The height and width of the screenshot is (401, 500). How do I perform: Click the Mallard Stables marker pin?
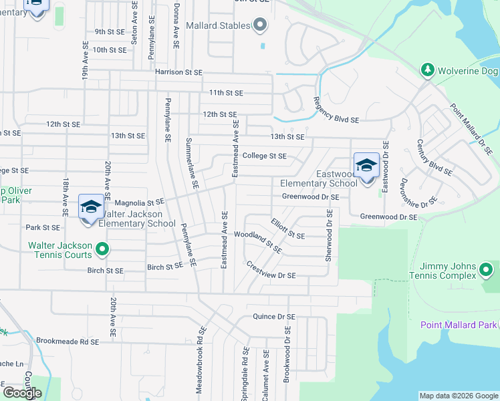click(x=261, y=26)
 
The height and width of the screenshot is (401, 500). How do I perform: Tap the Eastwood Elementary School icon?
click(x=366, y=165)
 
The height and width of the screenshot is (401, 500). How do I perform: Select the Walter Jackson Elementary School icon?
click(x=91, y=207)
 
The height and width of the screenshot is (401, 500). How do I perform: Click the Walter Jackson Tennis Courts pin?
click(x=102, y=250)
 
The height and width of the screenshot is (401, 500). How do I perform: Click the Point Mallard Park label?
click(x=459, y=325)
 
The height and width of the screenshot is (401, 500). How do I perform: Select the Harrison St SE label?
click(x=178, y=72)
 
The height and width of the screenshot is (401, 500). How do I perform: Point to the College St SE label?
click(x=264, y=156)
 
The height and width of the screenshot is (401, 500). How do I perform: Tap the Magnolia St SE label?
click(x=139, y=202)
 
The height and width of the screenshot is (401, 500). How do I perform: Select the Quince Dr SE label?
click(x=273, y=317)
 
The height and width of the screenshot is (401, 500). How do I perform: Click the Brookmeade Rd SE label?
click(x=68, y=341)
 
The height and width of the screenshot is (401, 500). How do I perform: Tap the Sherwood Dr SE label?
click(x=328, y=235)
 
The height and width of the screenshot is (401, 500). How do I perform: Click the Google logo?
click(x=22, y=392)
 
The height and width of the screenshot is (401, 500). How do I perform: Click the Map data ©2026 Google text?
click(x=459, y=396)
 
